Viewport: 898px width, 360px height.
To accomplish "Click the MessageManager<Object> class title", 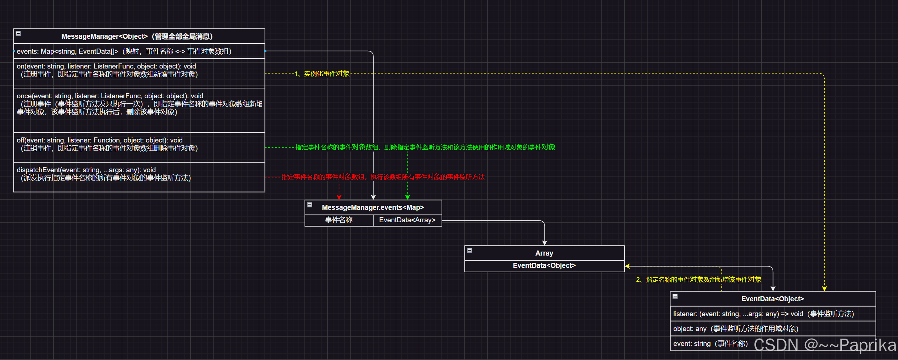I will tap(137, 36).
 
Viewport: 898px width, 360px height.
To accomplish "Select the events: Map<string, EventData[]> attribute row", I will tap(124, 51).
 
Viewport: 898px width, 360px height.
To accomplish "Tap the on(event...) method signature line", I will tap(106, 66).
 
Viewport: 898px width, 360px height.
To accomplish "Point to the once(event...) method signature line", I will tap(110, 96).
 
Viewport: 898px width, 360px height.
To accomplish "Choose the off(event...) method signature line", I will tap(100, 140).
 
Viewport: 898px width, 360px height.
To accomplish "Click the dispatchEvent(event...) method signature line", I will tap(86, 170).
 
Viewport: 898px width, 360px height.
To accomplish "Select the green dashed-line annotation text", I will tap(425, 147).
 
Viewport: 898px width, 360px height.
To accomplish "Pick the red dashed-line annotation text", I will tap(383, 177).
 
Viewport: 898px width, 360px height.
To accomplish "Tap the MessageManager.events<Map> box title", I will tap(373, 207).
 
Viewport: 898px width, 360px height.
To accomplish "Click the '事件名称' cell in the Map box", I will tap(339, 220).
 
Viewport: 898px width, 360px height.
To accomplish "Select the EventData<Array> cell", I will tap(407, 220).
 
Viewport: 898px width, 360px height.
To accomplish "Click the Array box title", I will tap(544, 253).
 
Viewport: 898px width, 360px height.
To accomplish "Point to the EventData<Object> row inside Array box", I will tap(544, 266).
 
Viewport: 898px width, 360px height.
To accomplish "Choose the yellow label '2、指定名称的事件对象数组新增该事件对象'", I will tap(699, 280).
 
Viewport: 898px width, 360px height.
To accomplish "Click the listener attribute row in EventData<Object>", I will tap(763, 314).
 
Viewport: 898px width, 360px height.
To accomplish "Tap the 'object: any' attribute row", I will tap(736, 329).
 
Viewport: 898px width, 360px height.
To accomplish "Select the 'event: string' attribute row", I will tap(710, 344).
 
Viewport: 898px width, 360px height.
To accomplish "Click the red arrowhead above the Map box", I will tap(339, 197).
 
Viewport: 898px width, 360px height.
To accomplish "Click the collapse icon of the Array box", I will tap(469, 251).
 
